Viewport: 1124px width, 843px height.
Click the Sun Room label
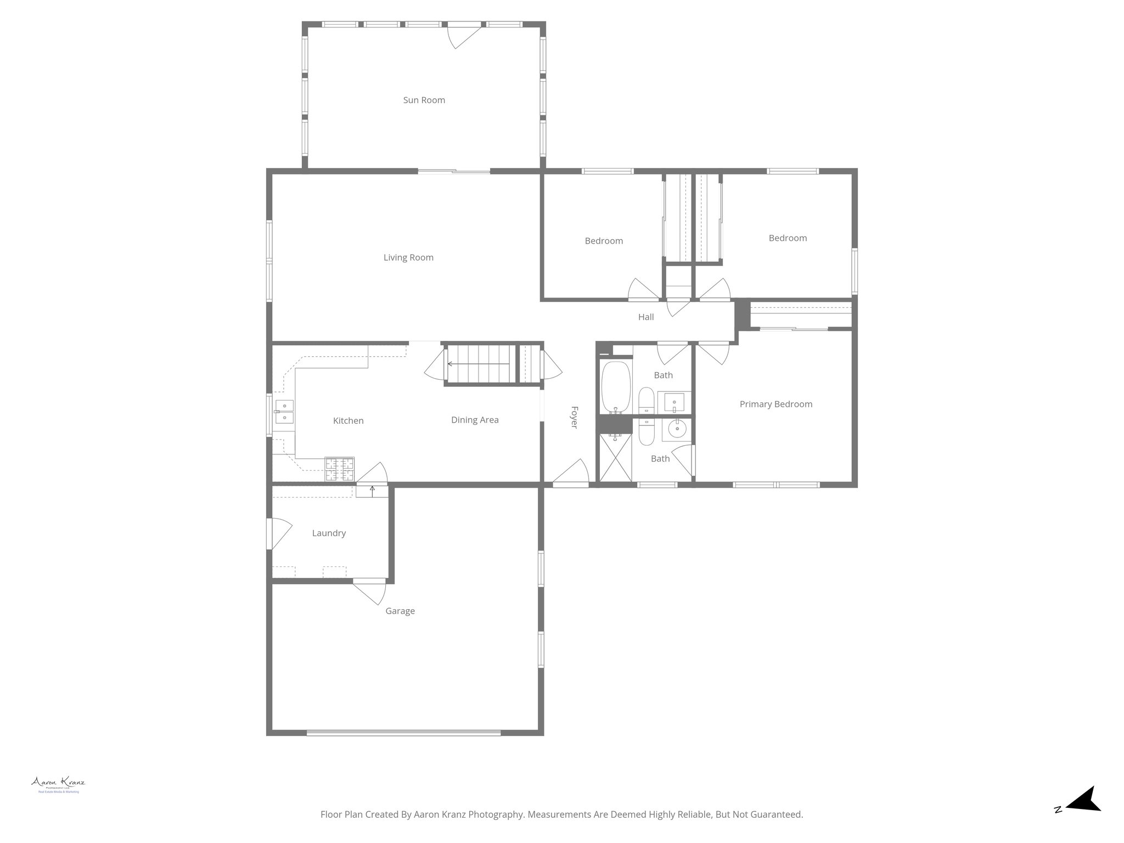coord(424,100)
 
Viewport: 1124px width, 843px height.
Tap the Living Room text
coord(408,257)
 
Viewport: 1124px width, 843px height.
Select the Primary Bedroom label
coord(775,404)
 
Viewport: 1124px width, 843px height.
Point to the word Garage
coord(400,611)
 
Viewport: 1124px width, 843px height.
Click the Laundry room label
coord(329,533)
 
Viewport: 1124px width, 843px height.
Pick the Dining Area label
coord(475,420)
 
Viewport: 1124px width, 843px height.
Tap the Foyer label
coord(574,417)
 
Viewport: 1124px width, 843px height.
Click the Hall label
coord(646,317)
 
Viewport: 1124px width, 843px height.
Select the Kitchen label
coord(348,420)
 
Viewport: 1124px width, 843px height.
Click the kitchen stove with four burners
coord(339,469)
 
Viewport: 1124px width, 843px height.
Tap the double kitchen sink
coord(284,412)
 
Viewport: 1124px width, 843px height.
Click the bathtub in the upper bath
coord(615,387)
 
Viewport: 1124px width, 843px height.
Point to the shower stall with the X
coord(614,457)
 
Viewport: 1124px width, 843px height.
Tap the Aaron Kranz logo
coord(58,784)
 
